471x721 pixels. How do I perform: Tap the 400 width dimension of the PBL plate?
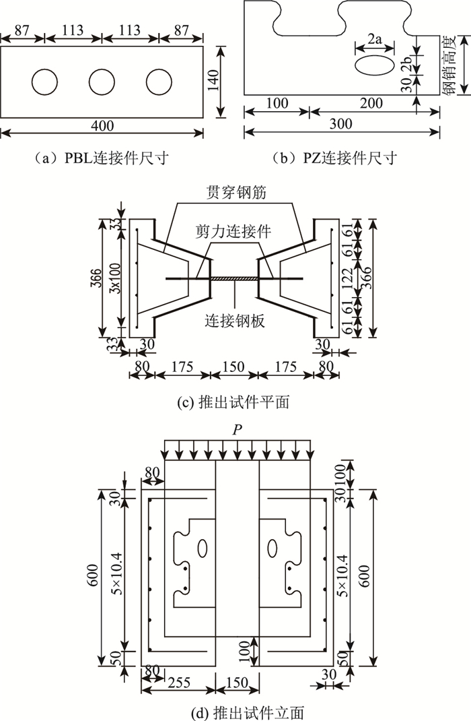click(x=102, y=125)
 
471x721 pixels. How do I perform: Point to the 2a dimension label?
click(x=375, y=41)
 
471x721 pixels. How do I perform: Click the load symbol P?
click(x=236, y=429)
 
